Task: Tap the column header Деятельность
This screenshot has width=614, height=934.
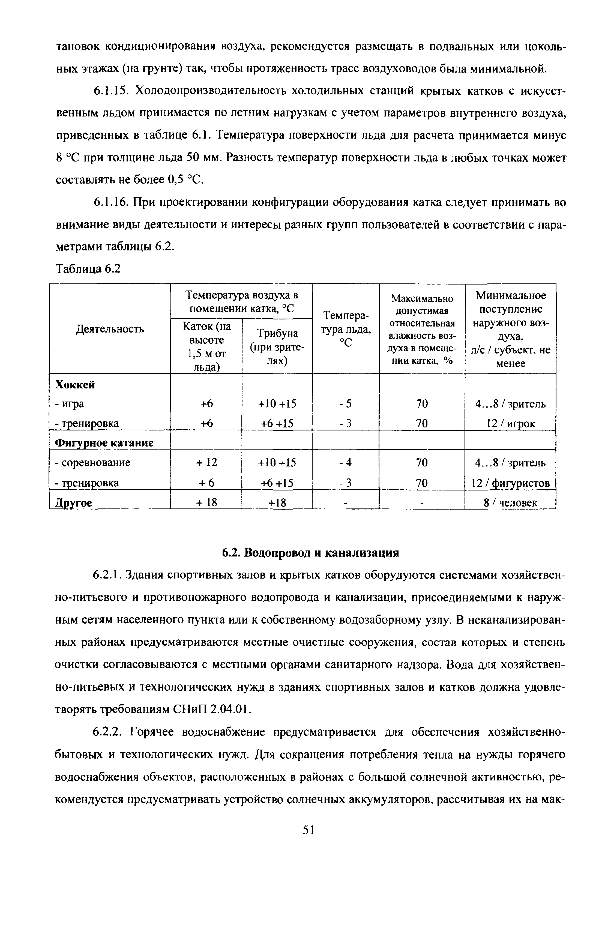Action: [110, 329]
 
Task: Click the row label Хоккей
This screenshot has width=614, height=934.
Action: [75, 385]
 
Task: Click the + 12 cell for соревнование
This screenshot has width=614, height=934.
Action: [206, 463]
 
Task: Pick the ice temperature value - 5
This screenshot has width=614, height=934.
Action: [345, 404]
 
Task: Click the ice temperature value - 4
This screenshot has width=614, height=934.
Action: [345, 463]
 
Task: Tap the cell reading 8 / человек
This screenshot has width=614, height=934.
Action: [510, 503]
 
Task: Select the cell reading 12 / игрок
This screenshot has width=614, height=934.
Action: [510, 423]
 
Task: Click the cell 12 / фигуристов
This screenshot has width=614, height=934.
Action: [510, 483]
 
